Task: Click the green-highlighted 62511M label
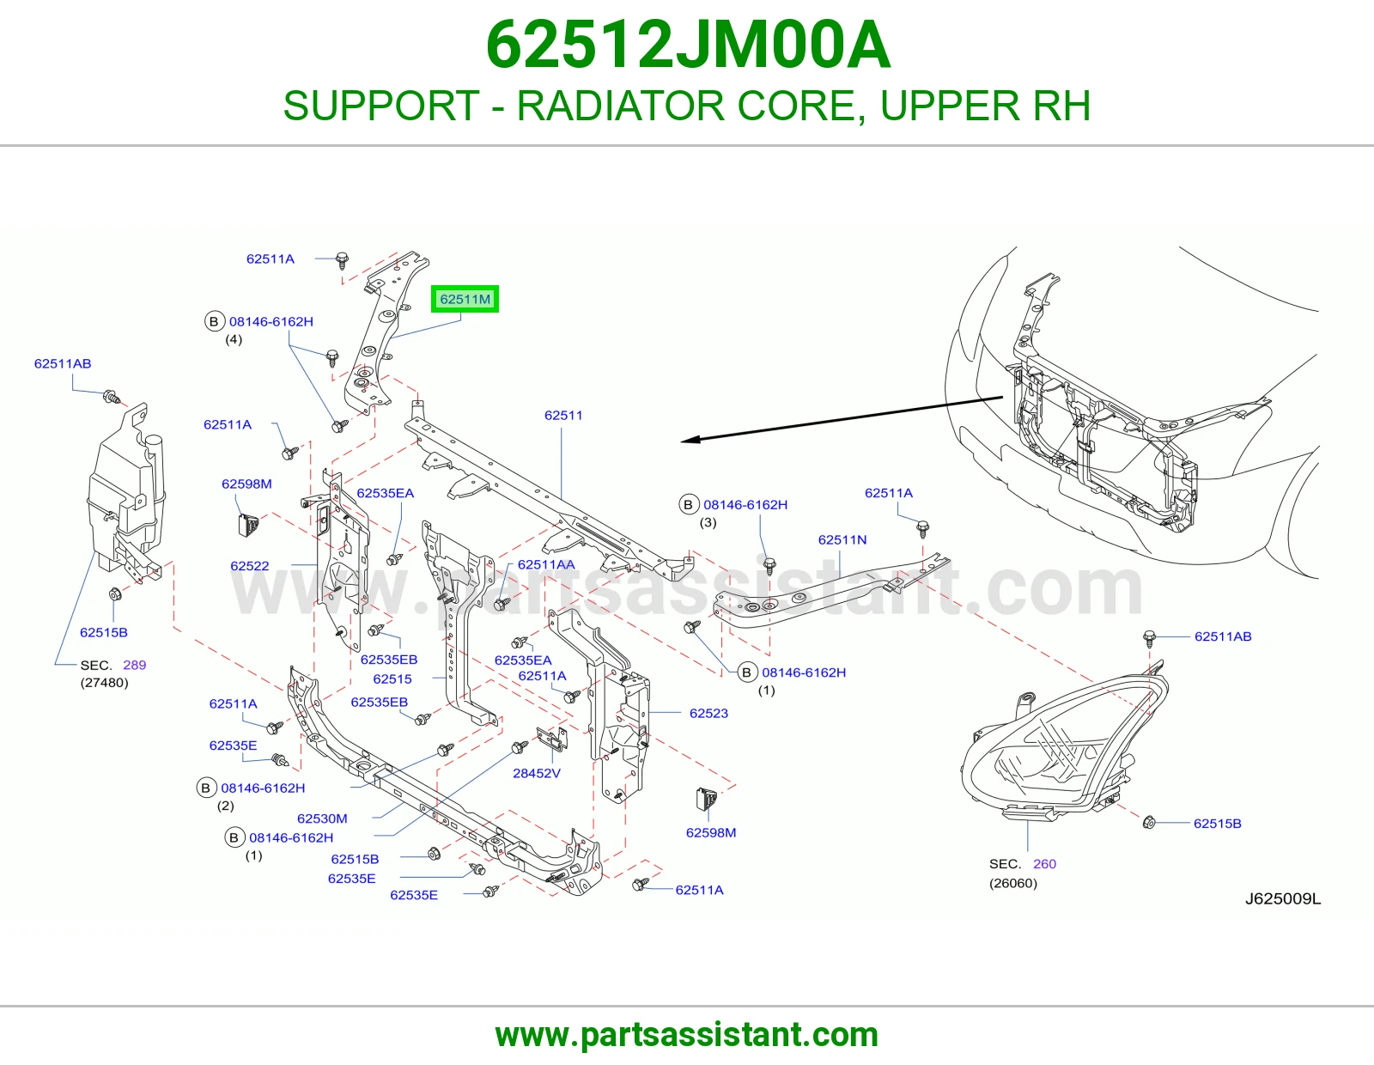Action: click(x=465, y=299)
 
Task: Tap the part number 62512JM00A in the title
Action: click(x=688, y=45)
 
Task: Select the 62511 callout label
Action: click(x=562, y=416)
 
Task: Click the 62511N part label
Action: click(x=842, y=539)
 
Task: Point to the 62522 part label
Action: click(x=249, y=565)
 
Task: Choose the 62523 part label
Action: click(x=708, y=713)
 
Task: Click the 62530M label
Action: click(x=322, y=819)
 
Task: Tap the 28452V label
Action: click(x=536, y=773)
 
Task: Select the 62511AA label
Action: click(x=545, y=564)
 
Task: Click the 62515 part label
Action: click(x=392, y=679)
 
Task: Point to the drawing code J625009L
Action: click(x=1283, y=898)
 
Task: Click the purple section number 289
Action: click(x=134, y=665)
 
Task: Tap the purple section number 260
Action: click(x=1044, y=863)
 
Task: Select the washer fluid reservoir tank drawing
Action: click(x=126, y=493)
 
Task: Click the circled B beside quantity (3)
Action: click(x=688, y=505)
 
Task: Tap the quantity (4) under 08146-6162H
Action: click(x=234, y=339)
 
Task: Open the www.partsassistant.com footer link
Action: click(x=687, y=1035)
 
